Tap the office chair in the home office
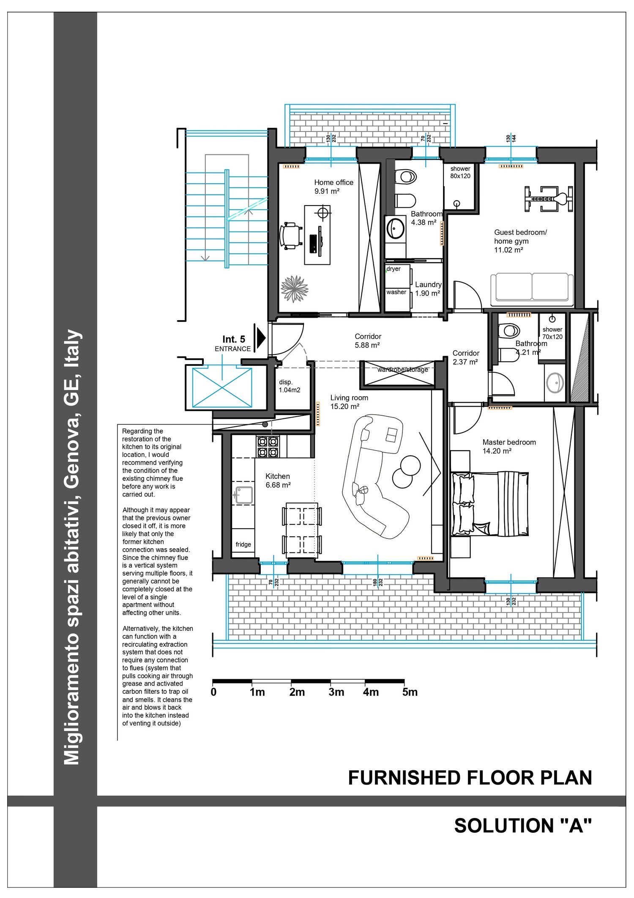(290, 235)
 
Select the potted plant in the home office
(295, 289)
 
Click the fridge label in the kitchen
(243, 544)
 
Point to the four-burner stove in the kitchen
(268, 447)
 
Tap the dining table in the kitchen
(302, 530)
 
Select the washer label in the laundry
(396, 292)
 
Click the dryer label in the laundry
(394, 269)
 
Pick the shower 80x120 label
(460, 172)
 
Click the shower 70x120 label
(552, 333)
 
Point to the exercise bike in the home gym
(549, 198)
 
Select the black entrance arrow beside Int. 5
(261, 338)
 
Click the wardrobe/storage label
(403, 370)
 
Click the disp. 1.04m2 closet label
(290, 386)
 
